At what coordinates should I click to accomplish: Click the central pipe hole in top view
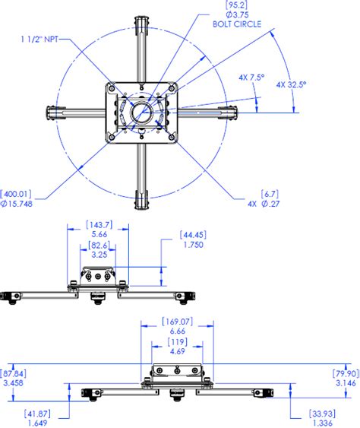coord(143,113)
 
